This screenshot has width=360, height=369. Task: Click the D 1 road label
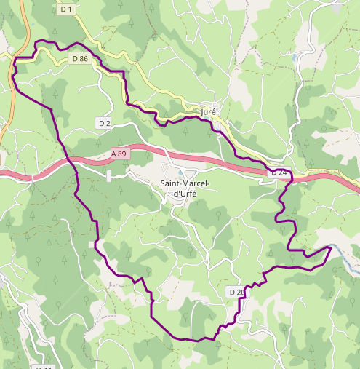pyautogui.click(x=67, y=9)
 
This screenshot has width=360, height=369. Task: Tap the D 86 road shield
pyautogui.click(x=79, y=58)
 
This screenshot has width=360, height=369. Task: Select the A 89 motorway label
pyautogui.click(x=120, y=154)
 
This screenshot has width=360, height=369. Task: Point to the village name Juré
pyautogui.click(x=209, y=112)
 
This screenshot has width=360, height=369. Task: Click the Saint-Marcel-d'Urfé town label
pyautogui.click(x=184, y=189)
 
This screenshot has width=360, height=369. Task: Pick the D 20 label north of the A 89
pyautogui.click(x=105, y=123)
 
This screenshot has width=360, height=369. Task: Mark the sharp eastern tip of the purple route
pyautogui.click(x=331, y=247)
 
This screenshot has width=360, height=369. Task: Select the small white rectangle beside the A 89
pyautogui.click(x=109, y=176)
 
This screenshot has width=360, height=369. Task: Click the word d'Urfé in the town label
pyautogui.click(x=184, y=194)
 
